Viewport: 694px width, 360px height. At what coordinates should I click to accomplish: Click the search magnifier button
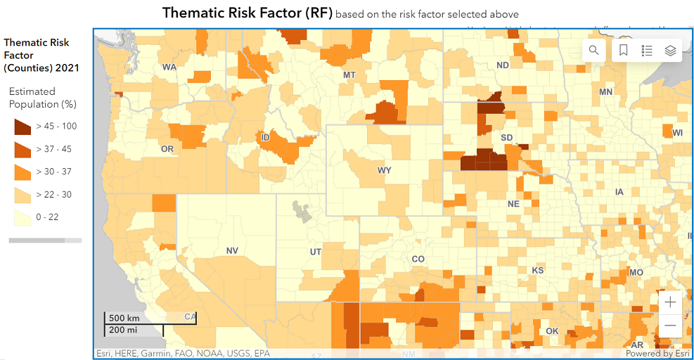594,50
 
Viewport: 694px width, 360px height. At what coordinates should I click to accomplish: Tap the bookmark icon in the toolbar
624,50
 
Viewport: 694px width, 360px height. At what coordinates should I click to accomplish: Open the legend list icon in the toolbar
647,50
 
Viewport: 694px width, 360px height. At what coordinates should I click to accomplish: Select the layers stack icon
670,50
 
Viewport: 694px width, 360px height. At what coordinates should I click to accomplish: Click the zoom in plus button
670,302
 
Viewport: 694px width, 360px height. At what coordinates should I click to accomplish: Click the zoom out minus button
670,326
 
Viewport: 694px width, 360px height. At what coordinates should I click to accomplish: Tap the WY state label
384,170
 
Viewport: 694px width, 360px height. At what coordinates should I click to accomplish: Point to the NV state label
232,250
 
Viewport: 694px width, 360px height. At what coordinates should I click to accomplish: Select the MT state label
349,75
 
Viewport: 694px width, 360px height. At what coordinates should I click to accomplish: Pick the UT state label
316,252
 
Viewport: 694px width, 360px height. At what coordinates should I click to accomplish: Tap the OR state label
167,149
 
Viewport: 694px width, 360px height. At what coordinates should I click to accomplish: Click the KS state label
538,270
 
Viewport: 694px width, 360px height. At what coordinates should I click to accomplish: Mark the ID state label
265,137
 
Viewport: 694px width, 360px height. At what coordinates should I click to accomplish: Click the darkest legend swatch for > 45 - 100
23,127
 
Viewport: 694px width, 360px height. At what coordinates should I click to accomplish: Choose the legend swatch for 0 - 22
23,217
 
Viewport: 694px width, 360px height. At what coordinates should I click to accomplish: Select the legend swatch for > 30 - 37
23,172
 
